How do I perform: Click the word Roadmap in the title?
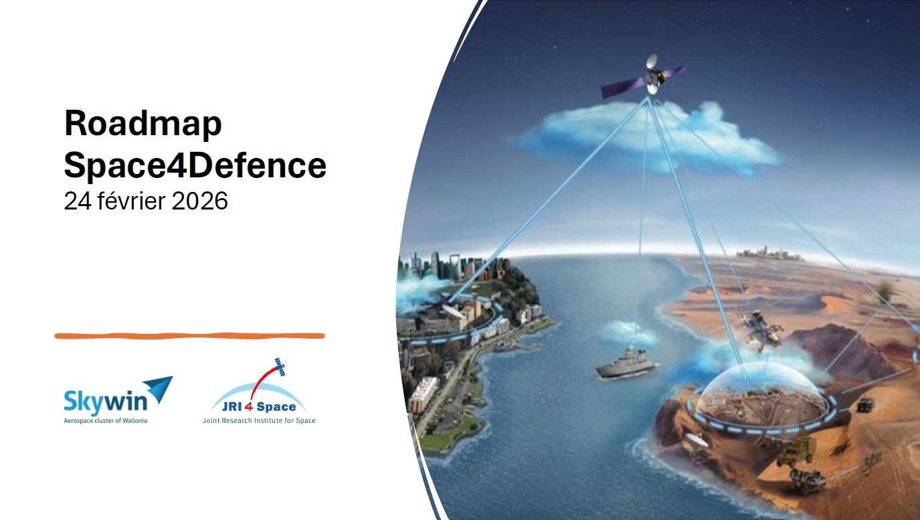(143, 124)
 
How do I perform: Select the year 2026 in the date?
(199, 201)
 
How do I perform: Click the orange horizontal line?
(190, 336)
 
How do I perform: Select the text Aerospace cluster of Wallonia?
(106, 420)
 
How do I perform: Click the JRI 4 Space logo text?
(259, 407)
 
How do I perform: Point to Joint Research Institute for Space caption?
(259, 420)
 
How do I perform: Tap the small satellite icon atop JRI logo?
(280, 367)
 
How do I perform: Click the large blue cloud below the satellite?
(645, 138)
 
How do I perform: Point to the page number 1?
(850, 499)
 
